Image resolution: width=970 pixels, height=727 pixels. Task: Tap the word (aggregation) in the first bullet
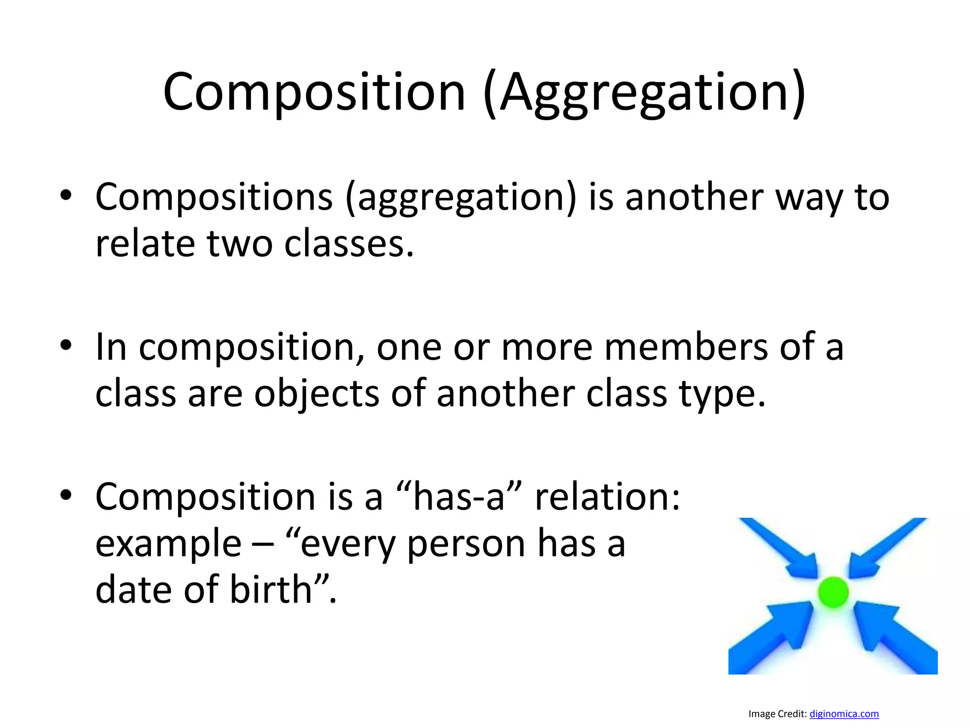coord(461,197)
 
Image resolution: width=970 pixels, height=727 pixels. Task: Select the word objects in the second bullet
coord(316,394)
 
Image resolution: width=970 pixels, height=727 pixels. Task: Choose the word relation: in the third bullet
coord(608,497)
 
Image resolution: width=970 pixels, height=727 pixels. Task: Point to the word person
coord(466,544)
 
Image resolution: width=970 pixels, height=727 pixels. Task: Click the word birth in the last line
coord(270,590)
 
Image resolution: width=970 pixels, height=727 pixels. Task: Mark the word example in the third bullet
coord(169,544)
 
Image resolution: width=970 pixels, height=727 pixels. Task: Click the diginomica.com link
coord(844,714)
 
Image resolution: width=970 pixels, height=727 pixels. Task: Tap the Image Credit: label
coord(777,714)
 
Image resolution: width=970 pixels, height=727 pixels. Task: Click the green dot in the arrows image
coord(833,592)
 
